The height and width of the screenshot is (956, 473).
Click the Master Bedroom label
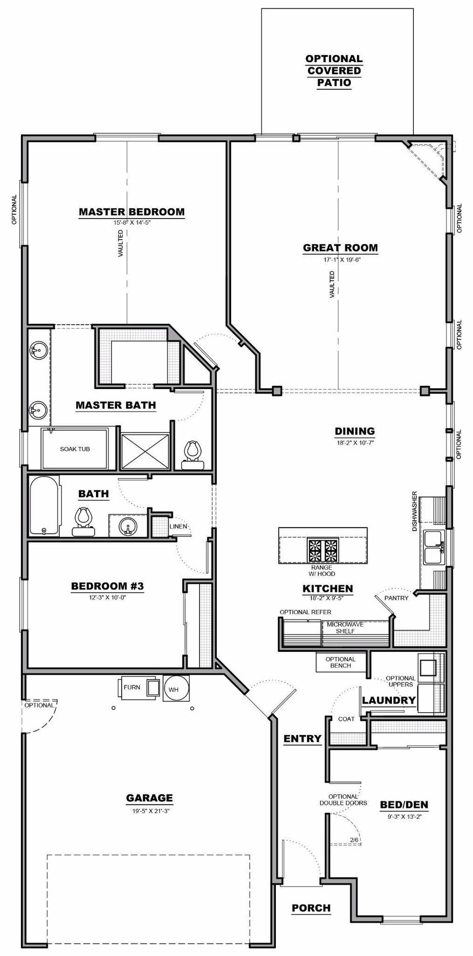click(x=131, y=211)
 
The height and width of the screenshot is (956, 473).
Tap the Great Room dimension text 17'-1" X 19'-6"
click(x=340, y=260)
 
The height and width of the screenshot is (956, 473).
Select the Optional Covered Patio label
click(x=334, y=71)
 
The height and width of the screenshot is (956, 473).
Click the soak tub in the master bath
click(x=75, y=449)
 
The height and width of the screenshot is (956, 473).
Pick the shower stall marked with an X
click(x=145, y=450)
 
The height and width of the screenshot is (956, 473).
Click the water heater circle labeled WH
click(x=176, y=688)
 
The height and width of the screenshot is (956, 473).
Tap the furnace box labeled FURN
click(x=132, y=687)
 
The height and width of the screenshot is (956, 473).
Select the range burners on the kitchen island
click(x=323, y=550)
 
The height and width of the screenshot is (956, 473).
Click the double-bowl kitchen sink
click(x=434, y=547)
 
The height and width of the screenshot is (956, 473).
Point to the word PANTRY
click(x=397, y=598)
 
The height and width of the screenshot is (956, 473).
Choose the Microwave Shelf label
click(x=345, y=628)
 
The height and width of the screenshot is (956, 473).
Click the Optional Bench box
click(x=341, y=662)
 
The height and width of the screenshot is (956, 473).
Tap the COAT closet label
click(x=346, y=719)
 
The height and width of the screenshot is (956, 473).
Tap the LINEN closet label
click(x=179, y=526)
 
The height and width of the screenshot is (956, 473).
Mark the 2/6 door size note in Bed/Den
click(x=354, y=840)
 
